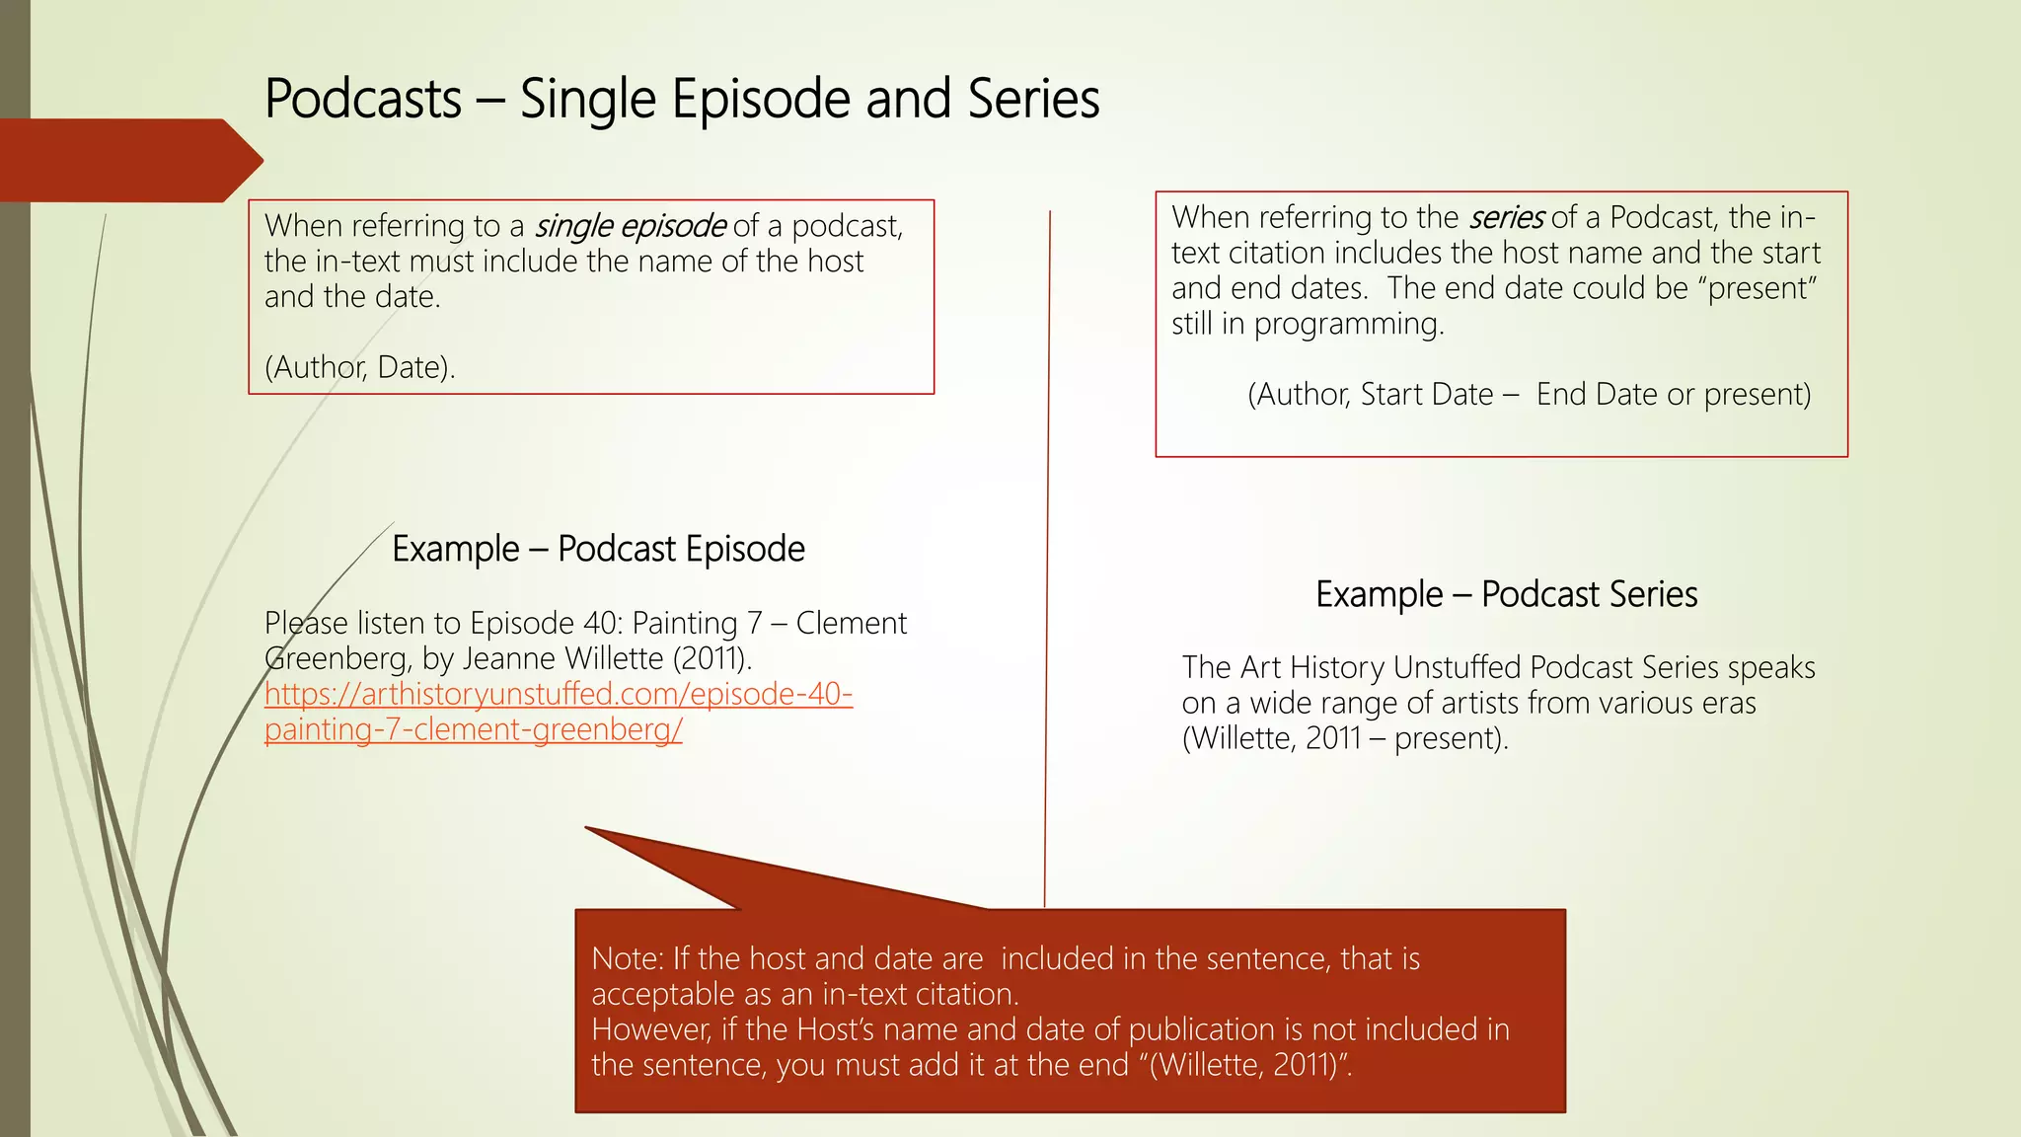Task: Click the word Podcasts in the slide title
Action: coord(363,100)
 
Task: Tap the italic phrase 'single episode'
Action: coord(631,226)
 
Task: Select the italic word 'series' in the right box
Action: coord(1506,217)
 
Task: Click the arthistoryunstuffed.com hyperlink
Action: coord(558,712)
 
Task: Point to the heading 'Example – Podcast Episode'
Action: coord(598,549)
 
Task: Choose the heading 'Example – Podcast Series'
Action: coord(1506,594)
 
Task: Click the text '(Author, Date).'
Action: coord(360,367)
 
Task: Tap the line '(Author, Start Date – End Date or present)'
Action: coord(1529,395)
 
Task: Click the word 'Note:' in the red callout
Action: coord(628,958)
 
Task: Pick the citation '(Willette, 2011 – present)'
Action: coord(1344,738)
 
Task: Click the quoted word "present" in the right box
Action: coord(1762,288)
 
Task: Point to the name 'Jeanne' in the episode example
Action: coord(513,658)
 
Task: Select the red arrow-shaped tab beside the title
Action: coord(128,161)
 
